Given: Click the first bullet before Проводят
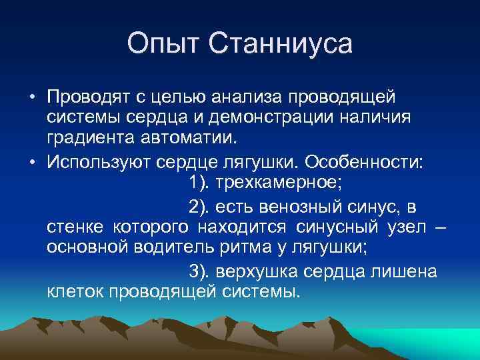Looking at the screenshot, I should click(31, 97).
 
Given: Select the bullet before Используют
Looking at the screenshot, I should click(31, 163).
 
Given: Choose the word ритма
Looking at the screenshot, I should click(247, 249).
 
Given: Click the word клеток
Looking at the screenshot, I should click(76, 293).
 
